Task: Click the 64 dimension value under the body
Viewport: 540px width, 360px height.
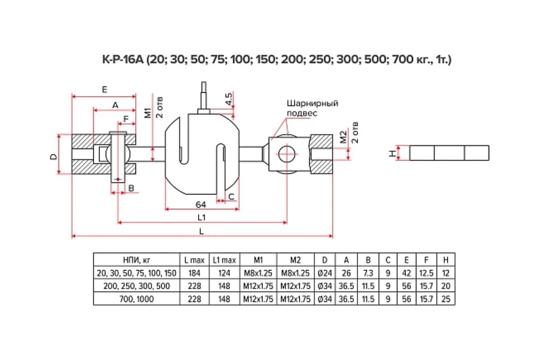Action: point(201,205)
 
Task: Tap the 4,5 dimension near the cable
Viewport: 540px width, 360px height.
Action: point(229,99)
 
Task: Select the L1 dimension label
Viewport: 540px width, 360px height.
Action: point(201,217)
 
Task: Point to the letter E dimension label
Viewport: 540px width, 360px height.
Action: point(104,90)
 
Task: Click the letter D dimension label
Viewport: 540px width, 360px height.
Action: point(54,157)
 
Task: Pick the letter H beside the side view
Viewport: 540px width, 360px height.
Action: point(392,153)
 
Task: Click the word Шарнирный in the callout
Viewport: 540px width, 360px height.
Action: point(312,103)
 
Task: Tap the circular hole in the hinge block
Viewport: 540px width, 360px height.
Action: point(287,153)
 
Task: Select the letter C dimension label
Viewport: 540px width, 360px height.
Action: point(231,197)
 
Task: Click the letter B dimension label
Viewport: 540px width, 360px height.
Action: point(131,188)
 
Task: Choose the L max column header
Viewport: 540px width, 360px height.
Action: point(194,260)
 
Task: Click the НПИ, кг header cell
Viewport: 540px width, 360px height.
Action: point(137,260)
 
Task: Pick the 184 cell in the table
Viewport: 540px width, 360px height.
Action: point(194,273)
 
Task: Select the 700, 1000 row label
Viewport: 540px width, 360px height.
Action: point(136,299)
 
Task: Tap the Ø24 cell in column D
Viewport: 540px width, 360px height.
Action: point(325,273)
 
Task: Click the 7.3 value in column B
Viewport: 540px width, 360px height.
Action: point(368,273)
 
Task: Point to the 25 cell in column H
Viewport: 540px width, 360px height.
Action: point(446,299)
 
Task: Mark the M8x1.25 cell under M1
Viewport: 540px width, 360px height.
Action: point(258,273)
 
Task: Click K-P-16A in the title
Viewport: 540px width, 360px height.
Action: point(123,59)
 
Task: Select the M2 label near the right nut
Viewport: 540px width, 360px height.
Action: point(343,137)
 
